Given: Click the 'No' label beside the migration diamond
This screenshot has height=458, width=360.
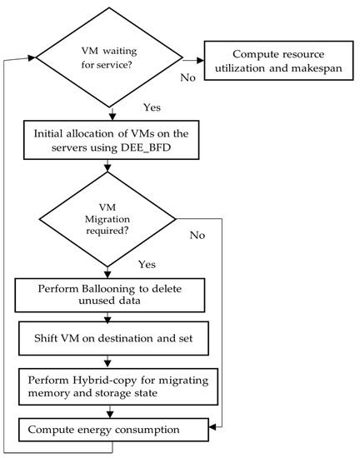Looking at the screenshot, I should (x=197, y=236).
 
